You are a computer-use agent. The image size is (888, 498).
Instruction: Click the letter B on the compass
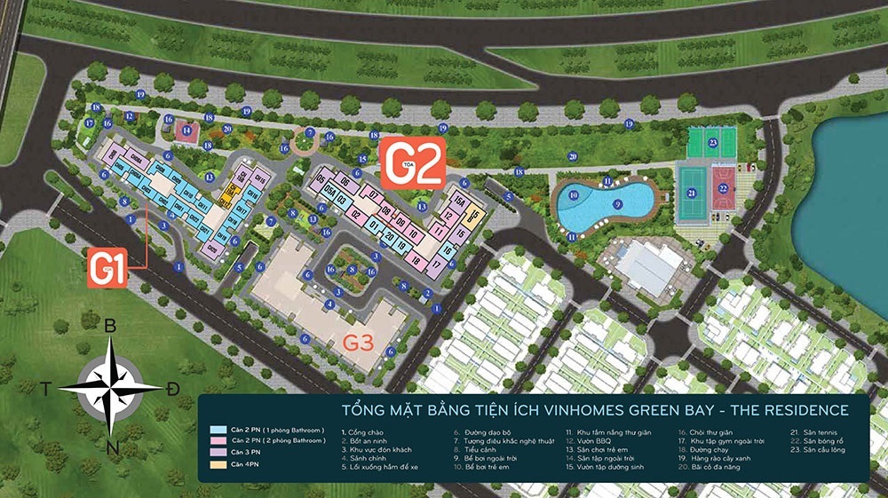pyautogui.click(x=110, y=326)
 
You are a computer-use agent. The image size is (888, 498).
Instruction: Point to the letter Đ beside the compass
pyautogui.click(x=173, y=390)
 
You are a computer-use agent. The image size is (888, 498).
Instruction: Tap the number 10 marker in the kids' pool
pyautogui.click(x=574, y=193)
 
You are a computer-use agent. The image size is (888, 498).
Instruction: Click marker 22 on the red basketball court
pyautogui.click(x=724, y=187)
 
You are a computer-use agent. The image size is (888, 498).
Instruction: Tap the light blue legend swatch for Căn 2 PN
pyautogui.click(x=215, y=430)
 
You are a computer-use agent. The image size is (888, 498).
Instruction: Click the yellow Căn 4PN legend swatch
pyautogui.click(x=215, y=464)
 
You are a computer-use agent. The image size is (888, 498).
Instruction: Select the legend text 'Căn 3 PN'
pyautogui.click(x=251, y=453)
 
